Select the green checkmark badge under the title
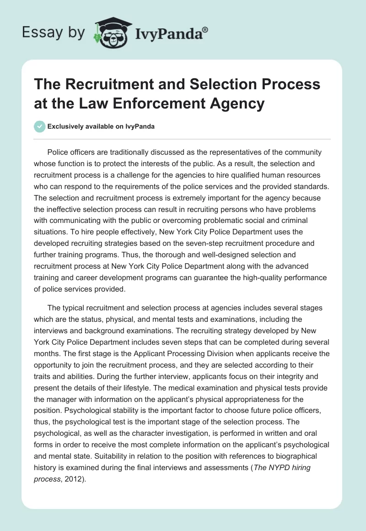tap(40, 126)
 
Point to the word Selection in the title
tap(203, 84)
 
